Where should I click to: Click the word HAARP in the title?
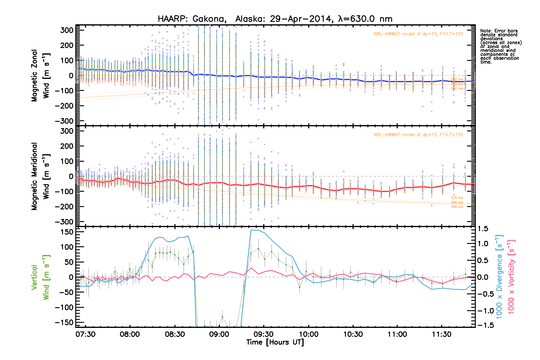click(172, 19)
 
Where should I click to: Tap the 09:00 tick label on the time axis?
click(219, 334)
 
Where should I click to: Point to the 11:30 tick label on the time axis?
click(442, 334)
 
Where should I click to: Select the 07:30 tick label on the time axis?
click(85, 334)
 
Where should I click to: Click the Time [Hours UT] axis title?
click(275, 342)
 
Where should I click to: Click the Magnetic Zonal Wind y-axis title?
click(40, 76)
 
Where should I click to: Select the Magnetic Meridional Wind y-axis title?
click(40, 176)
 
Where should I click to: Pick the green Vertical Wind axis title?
click(40, 277)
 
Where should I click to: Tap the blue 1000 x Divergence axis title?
click(499, 277)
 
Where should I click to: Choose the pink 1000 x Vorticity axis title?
click(511, 277)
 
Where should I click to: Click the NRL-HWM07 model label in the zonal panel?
click(418, 34)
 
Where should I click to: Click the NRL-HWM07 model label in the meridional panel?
click(418, 135)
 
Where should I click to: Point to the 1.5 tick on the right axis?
click(483, 229)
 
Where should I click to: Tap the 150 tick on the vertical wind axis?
click(67, 232)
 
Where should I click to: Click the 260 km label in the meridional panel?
click(457, 207)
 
